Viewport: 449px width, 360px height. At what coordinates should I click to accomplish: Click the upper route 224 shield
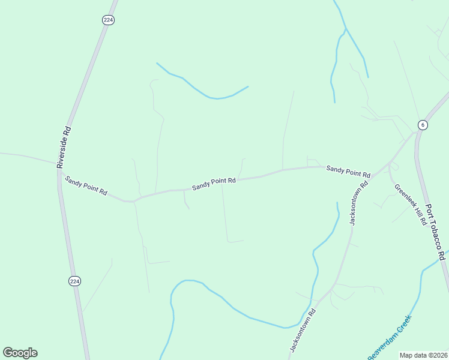tap(108, 20)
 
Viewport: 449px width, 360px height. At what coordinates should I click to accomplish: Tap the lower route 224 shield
tap(74, 281)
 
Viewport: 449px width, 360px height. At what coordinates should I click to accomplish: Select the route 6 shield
tap(423, 125)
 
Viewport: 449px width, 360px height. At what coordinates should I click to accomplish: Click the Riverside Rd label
tap(64, 146)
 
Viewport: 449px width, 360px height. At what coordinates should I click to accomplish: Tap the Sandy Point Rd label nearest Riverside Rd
tap(86, 185)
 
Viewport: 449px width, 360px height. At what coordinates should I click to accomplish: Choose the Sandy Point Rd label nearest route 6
tap(348, 172)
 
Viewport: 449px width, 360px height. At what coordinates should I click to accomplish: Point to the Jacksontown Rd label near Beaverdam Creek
tap(303, 331)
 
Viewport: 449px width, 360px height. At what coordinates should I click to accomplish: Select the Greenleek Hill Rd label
tap(411, 204)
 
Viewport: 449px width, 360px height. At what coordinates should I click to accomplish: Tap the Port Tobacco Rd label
tap(435, 232)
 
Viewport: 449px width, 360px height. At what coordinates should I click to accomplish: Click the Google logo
tap(20, 353)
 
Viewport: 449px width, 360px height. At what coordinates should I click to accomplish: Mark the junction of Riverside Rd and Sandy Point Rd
tap(58, 169)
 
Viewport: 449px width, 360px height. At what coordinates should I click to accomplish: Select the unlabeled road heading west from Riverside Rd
tap(24, 157)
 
